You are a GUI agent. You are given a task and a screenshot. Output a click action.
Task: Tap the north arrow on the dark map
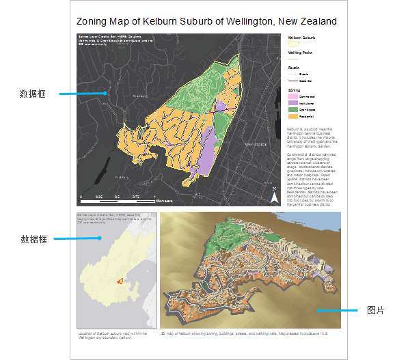275,197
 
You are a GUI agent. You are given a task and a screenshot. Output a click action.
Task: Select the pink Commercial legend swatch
292,98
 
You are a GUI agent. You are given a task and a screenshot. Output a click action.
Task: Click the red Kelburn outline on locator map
120,280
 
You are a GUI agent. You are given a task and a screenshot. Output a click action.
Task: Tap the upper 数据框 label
33,93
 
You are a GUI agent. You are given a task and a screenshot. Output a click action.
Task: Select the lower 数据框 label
33,239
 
